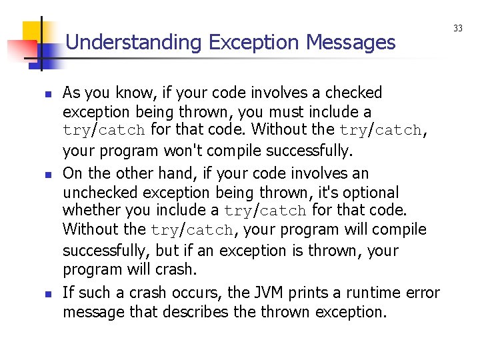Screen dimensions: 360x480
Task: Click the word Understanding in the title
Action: pyautogui.click(x=134, y=43)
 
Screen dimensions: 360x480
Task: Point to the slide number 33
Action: pyautogui.click(x=458, y=28)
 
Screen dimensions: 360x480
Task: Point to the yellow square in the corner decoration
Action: pyautogui.click(x=34, y=31)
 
